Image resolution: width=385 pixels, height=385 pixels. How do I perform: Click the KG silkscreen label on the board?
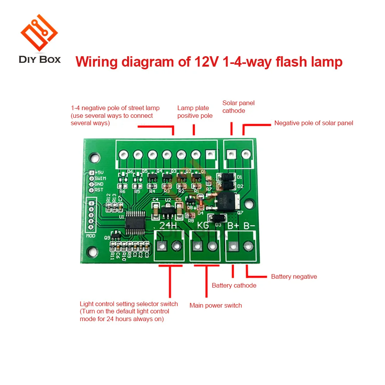click(204, 226)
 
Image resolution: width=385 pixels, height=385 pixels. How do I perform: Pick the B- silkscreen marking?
click(249, 226)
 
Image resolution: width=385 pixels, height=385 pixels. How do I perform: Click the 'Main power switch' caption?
click(216, 305)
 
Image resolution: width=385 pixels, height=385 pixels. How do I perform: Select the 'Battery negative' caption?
click(294, 276)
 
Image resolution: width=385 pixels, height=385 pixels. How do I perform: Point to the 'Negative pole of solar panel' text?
click(313, 123)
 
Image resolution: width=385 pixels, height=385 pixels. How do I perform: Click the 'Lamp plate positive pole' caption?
click(195, 112)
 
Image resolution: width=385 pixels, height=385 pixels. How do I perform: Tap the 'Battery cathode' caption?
click(234, 285)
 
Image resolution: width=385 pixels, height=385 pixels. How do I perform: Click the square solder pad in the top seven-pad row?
click(210, 155)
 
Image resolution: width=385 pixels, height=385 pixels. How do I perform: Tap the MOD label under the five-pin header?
click(91, 235)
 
